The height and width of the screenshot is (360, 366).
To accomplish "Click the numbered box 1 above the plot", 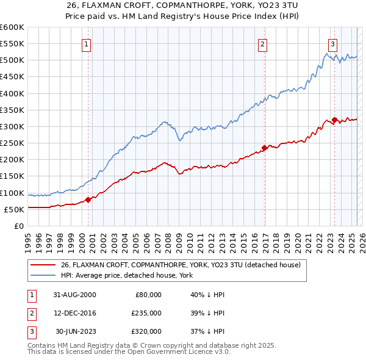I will (87, 44).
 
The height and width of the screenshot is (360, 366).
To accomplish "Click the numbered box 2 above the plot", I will (262, 44).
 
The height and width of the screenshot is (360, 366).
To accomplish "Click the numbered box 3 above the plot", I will (332, 44).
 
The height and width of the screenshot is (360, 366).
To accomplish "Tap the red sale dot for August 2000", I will (88, 200).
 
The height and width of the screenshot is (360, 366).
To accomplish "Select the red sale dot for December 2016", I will (264, 148).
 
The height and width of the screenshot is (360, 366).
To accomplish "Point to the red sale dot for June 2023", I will (335, 120).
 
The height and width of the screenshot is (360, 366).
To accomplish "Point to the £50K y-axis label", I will (15, 209).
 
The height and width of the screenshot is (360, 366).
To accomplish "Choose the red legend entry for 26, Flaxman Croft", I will (181, 265).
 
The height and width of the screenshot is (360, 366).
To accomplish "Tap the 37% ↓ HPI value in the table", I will (207, 331).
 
